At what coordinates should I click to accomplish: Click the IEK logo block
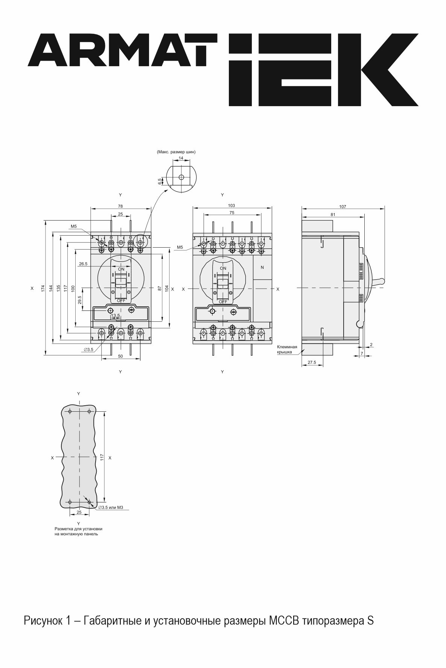point(324,70)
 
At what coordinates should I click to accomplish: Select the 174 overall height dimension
point(43,288)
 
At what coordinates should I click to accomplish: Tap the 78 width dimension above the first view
point(120,206)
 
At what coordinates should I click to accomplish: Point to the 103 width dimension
point(231,205)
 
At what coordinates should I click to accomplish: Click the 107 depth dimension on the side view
point(342,206)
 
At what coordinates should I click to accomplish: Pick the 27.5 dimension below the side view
point(312,362)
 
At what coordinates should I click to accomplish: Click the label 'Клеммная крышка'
point(287,349)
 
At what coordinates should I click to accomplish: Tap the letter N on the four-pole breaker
point(262,267)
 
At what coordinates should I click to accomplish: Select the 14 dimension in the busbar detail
point(181,158)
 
